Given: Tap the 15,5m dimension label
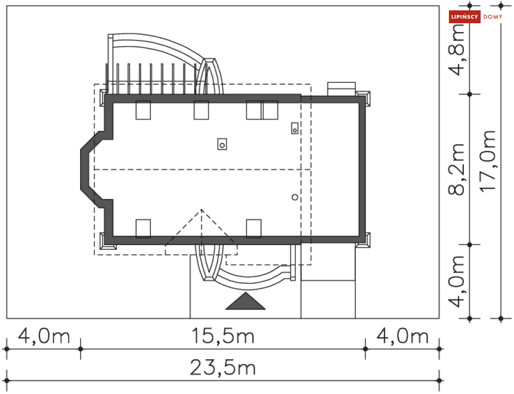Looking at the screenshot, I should [223, 337].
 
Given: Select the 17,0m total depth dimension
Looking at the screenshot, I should [488, 160].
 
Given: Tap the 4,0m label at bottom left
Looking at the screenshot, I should [43, 337].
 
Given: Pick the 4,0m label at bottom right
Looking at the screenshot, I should [402, 337].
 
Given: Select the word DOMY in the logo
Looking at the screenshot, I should [492, 17].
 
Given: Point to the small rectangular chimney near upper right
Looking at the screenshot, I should [294, 128].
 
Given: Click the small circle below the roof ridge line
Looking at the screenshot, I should [294, 197].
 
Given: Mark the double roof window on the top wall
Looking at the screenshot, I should [262, 110].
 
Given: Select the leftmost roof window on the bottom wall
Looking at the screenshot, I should [143, 228].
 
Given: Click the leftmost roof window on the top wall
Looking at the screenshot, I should [143, 110].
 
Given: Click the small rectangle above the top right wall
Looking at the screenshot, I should [342, 88].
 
